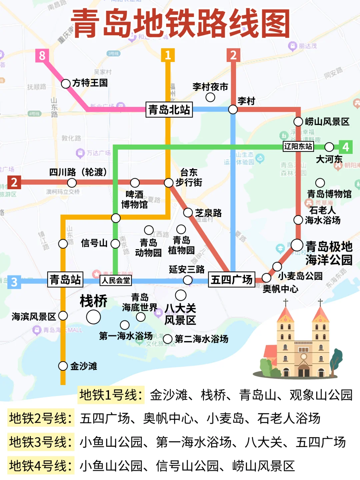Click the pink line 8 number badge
coord(42,55)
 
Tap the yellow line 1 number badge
coord(168,55)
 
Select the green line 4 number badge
coord(345,147)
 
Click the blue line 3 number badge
coord(14,282)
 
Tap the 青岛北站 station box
coord(169,110)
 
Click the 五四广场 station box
coord(232,279)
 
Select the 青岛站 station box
coord(65,279)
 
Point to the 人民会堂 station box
coord(116,280)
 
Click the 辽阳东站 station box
coord(298,147)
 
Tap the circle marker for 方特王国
coord(66,83)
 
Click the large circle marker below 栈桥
coord(93,317)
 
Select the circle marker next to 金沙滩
coord(63,366)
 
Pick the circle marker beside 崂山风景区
coord(298,122)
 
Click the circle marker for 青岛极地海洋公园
coord(297,245)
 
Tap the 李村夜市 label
coord(210,87)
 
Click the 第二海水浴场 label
coord(201,339)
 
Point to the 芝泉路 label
coord(208,213)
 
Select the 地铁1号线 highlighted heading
coord(111,395)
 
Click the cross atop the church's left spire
coord(286,302)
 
